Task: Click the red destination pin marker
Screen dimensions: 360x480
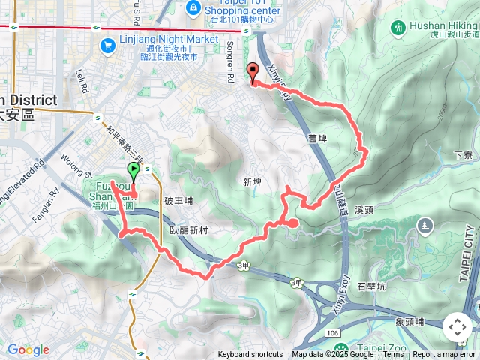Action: pyautogui.click(x=251, y=72)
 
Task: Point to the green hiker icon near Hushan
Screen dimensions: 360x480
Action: pyautogui.click(x=396, y=28)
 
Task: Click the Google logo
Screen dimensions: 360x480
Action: pyautogui.click(x=28, y=349)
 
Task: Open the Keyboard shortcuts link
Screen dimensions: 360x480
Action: pyautogui.click(x=250, y=355)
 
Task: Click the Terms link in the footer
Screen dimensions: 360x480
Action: pyautogui.click(x=392, y=355)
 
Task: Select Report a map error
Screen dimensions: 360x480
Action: pyautogui.click(x=445, y=355)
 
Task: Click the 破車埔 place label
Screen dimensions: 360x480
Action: pyautogui.click(x=178, y=201)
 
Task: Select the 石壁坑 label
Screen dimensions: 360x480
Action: pyautogui.click(x=370, y=286)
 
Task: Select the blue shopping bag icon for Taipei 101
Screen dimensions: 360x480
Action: pyautogui.click(x=193, y=7)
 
